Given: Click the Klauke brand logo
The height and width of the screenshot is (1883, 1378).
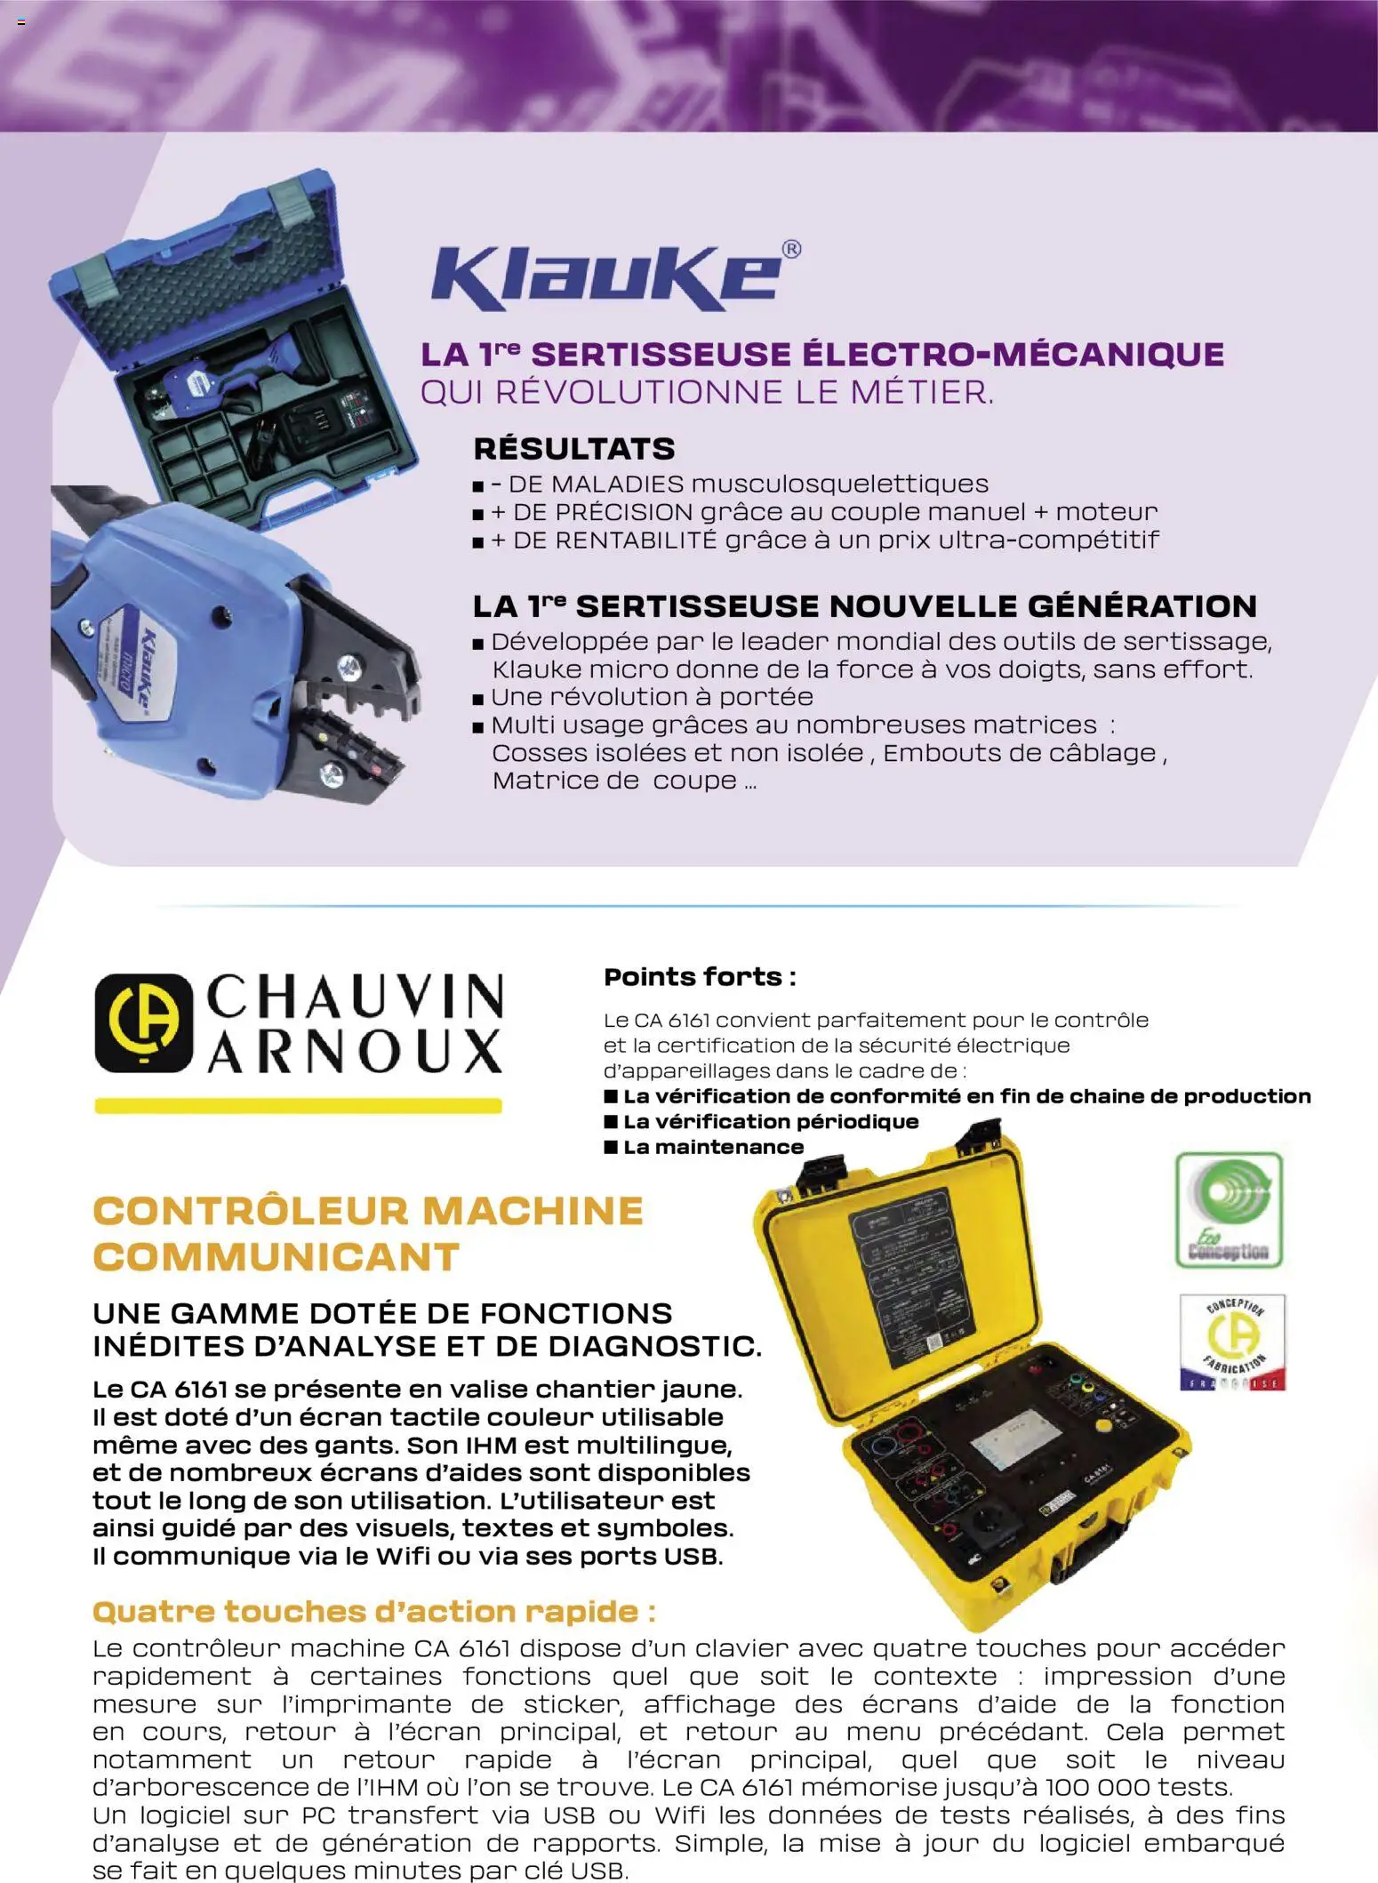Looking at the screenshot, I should click(606, 277).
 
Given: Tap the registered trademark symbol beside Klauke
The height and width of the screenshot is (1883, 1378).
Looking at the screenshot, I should click(790, 250).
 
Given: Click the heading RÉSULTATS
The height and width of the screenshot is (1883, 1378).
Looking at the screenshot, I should click(573, 448).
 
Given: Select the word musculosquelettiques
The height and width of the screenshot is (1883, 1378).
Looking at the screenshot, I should click(839, 484).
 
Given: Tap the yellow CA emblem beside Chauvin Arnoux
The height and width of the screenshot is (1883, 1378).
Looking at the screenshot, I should click(143, 1022).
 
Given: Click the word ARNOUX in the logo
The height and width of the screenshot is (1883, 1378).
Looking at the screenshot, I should click(356, 1052).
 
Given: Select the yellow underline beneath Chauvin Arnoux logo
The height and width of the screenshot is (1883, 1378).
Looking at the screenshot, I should click(298, 1106).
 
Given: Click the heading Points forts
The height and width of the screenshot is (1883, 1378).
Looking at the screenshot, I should click(700, 977).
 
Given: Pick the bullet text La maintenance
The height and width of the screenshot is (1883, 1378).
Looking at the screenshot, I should click(713, 1147).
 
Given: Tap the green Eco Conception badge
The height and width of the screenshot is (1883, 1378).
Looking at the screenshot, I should click(1229, 1210).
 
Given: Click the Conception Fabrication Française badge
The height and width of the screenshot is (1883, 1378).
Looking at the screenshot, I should click(1232, 1342).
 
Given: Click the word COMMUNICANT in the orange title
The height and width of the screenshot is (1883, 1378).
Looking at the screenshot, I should click(276, 1257).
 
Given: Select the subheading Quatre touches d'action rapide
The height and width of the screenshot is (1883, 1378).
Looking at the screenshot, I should click(373, 1611).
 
